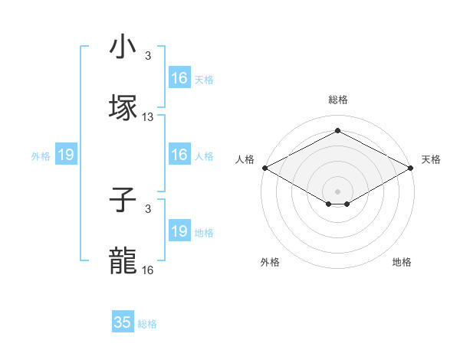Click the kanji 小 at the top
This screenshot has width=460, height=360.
coord(123,47)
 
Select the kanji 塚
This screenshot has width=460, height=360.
coord(123,107)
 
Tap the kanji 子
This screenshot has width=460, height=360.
coord(123,201)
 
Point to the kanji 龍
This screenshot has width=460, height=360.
coord(123,260)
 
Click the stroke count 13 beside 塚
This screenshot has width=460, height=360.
coord(148,117)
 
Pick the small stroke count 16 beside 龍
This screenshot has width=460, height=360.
coord(148,270)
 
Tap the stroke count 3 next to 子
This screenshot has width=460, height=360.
coord(148,208)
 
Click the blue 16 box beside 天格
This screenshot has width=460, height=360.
coord(179,78)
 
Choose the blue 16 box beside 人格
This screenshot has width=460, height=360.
coord(179,155)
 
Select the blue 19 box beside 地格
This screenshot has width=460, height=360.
coord(179,231)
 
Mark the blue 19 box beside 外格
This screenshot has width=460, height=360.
coord(66,155)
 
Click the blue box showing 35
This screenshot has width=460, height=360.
coord(123,322)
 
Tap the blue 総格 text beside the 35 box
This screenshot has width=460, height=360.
coord(147,324)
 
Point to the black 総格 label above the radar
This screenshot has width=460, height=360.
coord(337,100)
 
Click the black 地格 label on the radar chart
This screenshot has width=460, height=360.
coord(402,262)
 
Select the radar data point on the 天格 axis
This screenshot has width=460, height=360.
coord(412,168)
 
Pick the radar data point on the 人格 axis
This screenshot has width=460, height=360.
coord(264,168)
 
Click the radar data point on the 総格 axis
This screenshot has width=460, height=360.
coord(337,131)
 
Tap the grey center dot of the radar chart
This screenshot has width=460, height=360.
coord(337,191)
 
